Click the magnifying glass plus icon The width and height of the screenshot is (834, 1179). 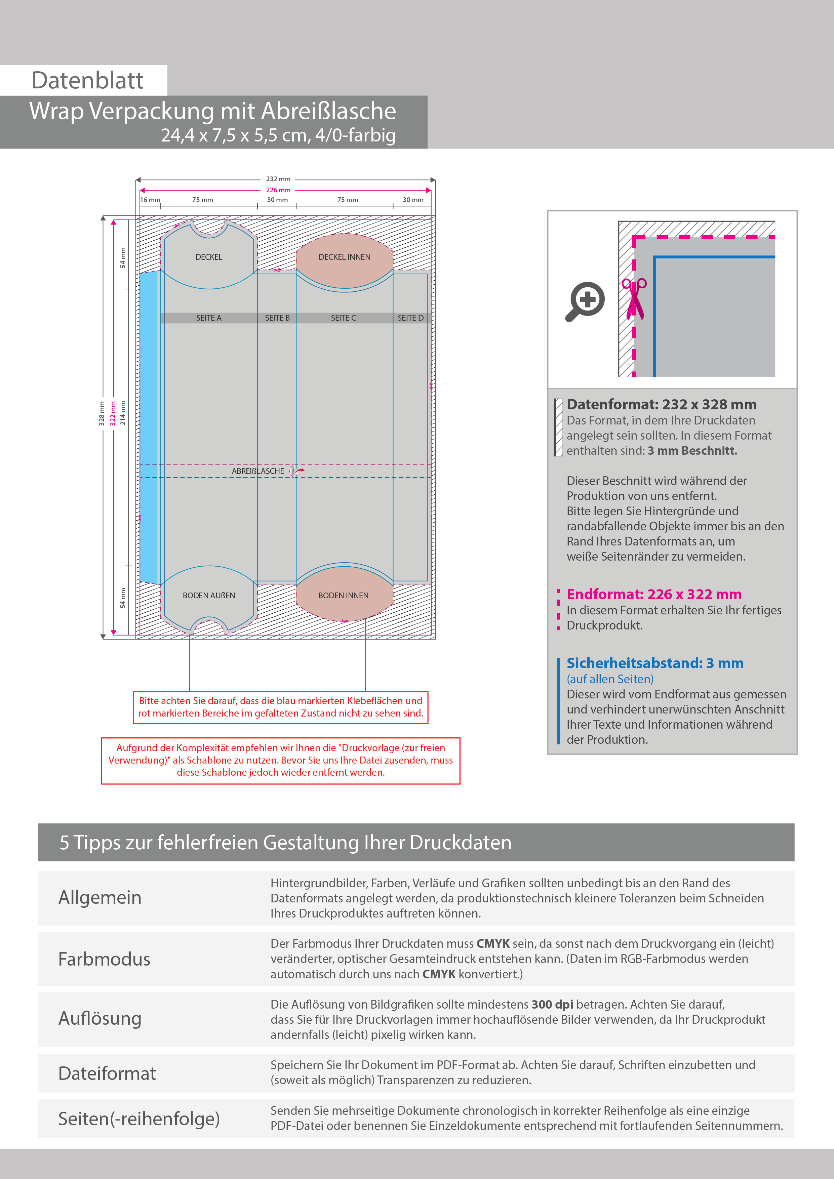click(586, 301)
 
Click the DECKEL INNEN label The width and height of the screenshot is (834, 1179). click(344, 257)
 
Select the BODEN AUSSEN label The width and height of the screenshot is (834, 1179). click(208, 596)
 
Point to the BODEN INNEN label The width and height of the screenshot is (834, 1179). click(343, 596)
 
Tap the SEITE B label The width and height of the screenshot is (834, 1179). click(277, 318)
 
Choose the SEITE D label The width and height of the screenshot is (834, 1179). click(410, 318)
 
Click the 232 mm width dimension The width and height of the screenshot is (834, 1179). click(278, 179)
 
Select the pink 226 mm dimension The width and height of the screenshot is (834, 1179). click(278, 190)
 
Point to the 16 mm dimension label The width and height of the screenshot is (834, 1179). click(151, 200)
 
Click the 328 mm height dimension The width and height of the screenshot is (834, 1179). click(102, 413)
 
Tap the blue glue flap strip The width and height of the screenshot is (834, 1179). click(149, 426)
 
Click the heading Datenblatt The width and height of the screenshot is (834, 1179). click(87, 81)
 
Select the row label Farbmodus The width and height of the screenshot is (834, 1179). click(104, 959)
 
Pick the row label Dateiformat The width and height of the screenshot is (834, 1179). click(107, 1073)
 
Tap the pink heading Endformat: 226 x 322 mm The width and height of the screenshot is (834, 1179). click(654, 595)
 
